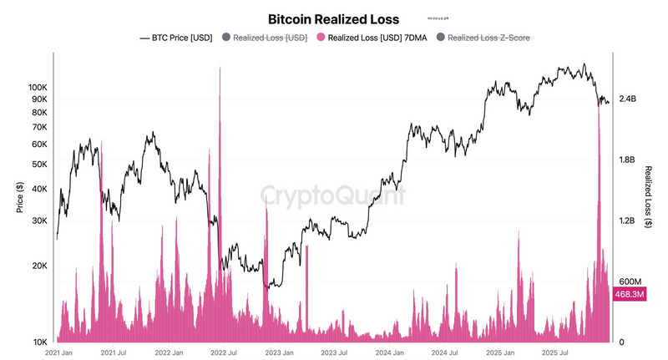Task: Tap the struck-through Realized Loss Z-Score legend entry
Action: (x=488, y=38)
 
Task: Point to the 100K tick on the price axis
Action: (x=38, y=87)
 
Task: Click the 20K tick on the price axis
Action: (x=41, y=266)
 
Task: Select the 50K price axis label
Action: (x=41, y=165)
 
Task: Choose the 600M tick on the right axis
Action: (x=628, y=281)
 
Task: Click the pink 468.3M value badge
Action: (x=630, y=294)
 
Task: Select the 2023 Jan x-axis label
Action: (x=279, y=353)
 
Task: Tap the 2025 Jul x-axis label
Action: (x=553, y=353)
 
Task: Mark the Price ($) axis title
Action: (x=19, y=197)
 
